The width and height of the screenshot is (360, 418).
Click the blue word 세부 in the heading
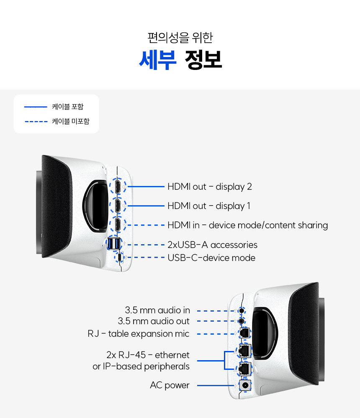click(157, 60)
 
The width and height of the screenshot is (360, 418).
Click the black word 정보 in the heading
click(203, 60)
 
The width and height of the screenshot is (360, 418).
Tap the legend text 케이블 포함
click(68, 107)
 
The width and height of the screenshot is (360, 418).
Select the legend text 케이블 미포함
click(71, 121)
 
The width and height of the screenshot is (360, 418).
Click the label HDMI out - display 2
click(209, 187)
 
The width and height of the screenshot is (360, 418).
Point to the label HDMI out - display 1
click(209, 206)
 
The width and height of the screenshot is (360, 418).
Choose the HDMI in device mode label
click(247, 225)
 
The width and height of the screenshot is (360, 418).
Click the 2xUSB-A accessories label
click(212, 245)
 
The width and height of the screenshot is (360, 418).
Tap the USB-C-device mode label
click(211, 258)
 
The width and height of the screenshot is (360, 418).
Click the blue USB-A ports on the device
click(114, 243)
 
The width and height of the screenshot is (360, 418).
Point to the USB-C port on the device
click(120, 257)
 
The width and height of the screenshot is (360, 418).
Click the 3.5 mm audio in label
click(157, 310)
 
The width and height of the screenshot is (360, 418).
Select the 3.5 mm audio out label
click(154, 321)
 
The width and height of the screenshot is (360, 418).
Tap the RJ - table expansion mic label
click(138, 334)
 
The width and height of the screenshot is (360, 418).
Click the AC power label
click(170, 385)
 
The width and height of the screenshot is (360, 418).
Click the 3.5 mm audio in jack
click(242, 310)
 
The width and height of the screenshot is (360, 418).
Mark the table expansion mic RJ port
click(244, 333)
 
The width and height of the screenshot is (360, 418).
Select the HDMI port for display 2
click(118, 186)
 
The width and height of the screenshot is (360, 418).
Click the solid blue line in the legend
click(36, 107)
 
